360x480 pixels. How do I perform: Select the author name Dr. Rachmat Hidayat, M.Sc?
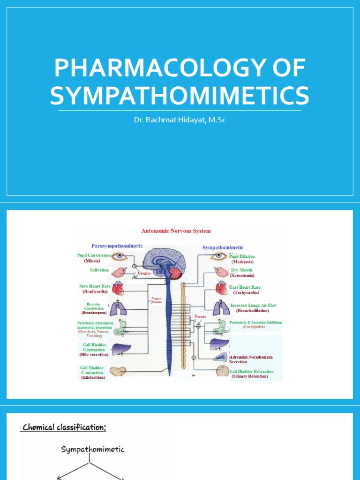pyautogui.click(x=180, y=120)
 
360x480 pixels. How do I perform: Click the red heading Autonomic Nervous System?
pyautogui.click(x=176, y=231)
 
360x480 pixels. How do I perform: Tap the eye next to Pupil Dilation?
pyautogui.click(x=218, y=256)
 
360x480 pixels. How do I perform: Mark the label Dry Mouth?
pyautogui.click(x=241, y=270)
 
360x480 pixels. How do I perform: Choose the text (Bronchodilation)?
pyautogui.click(x=252, y=311)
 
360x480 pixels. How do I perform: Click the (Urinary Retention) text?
pyautogui.click(x=249, y=376)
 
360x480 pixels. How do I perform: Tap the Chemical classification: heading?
pyautogui.click(x=64, y=427)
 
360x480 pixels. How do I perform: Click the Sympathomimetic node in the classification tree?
pyautogui.click(x=93, y=450)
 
